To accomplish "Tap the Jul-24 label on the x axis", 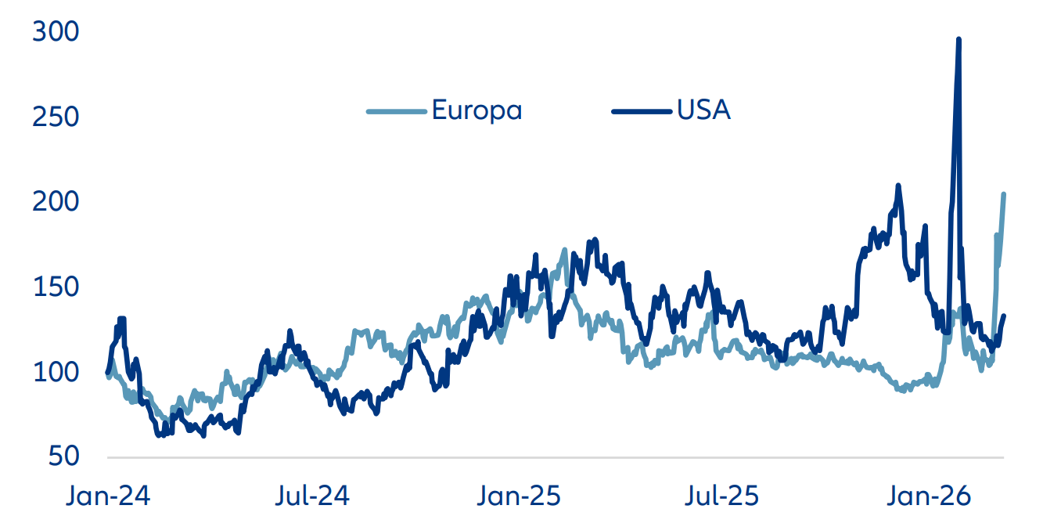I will click(311, 496).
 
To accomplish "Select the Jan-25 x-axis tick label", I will click(517, 496).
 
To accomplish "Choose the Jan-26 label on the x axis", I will click(930, 496).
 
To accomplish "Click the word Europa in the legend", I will click(477, 110).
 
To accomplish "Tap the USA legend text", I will click(703, 110).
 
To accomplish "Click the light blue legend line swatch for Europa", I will click(395, 111).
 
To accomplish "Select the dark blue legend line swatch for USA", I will click(641, 111).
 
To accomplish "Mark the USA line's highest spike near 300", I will click(958, 39).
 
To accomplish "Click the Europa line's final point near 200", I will click(1004, 194).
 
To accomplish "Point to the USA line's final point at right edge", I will click(1004, 316).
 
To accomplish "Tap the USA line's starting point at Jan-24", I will click(107, 372).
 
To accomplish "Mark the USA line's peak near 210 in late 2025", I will click(898, 186).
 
